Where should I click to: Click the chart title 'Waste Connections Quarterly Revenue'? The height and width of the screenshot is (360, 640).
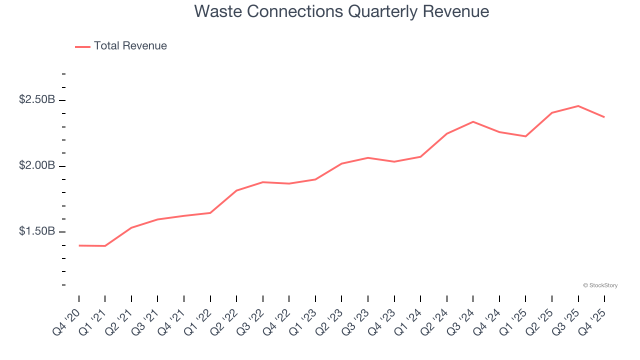[341, 11]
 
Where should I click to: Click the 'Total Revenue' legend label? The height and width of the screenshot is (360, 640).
[130, 46]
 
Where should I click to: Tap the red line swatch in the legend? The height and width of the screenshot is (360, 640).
[82, 46]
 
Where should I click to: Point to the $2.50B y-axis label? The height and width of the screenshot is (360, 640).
[37, 100]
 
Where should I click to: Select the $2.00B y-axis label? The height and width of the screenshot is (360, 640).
[37, 165]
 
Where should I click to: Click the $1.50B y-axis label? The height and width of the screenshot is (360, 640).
[37, 231]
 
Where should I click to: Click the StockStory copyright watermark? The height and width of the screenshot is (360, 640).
[600, 285]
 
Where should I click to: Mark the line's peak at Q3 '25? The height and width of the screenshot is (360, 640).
[578, 106]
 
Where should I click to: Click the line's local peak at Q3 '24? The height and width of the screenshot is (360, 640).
[473, 121]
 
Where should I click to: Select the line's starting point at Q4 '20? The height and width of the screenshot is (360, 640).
[79, 245]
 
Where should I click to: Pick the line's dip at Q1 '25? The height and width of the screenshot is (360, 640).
[525, 136]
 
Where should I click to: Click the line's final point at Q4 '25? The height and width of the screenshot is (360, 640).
[604, 117]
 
